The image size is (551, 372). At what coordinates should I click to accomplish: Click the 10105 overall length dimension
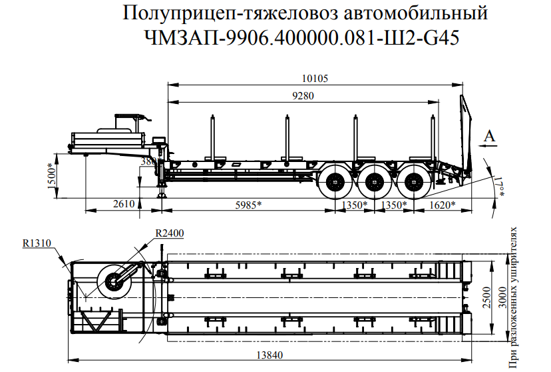[x=315, y=79]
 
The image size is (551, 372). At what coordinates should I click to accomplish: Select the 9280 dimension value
[x=302, y=95]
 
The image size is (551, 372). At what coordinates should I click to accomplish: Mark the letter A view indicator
[x=490, y=136]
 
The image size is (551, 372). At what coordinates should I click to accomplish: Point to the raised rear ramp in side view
[x=464, y=133]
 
